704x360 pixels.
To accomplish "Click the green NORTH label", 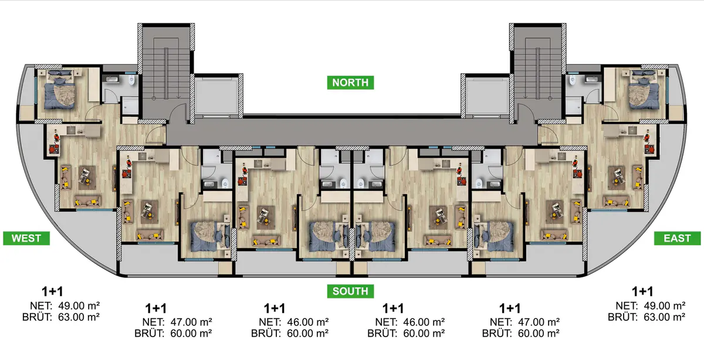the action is click(x=350, y=83).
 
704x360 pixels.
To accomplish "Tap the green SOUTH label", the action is click(x=350, y=291).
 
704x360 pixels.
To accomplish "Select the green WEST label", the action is click(x=26, y=238).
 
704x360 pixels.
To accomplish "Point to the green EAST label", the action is click(x=677, y=238).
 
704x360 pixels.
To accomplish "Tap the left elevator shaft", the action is click(x=216, y=96).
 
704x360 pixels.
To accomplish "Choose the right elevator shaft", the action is click(x=487, y=96).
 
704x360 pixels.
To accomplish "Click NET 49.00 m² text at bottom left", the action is click(x=65, y=305).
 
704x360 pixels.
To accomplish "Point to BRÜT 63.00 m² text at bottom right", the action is click(x=647, y=317).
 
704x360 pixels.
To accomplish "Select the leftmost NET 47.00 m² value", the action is click(x=177, y=322).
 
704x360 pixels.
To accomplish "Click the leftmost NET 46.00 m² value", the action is click(x=294, y=322).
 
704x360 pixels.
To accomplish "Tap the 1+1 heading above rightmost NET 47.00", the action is click(x=510, y=308).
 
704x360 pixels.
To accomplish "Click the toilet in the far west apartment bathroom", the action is click(x=131, y=80).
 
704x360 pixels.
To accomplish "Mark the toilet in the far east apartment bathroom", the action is click(x=573, y=80).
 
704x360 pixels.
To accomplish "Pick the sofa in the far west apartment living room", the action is click(x=88, y=201).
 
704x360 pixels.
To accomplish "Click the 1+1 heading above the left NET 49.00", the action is click(x=52, y=291).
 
